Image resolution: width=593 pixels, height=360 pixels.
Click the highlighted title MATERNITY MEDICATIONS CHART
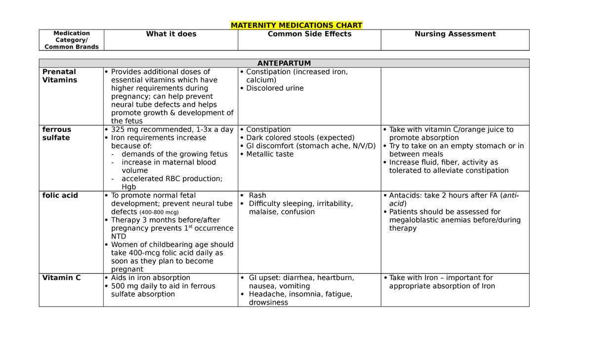(x=296, y=25)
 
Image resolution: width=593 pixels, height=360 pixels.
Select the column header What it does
(x=171, y=34)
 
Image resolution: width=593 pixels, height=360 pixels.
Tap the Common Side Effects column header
(x=309, y=34)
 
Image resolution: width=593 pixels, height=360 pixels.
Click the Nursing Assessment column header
(x=455, y=34)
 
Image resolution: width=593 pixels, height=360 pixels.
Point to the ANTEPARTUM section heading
(x=284, y=63)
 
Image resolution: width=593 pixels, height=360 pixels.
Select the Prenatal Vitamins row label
(x=59, y=76)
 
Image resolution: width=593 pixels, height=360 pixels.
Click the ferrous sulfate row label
(x=56, y=133)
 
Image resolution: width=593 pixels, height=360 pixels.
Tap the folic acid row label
(x=60, y=196)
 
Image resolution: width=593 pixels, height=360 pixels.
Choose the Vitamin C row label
(x=61, y=278)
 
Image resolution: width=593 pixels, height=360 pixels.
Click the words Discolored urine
(x=275, y=88)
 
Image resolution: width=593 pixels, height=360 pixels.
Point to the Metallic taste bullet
(x=270, y=154)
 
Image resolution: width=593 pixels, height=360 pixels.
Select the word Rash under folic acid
(x=257, y=196)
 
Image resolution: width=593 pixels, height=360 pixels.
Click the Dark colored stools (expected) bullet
(x=300, y=138)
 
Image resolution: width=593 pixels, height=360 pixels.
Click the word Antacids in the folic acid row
(x=405, y=196)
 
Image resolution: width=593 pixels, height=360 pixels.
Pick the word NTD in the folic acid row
(x=119, y=237)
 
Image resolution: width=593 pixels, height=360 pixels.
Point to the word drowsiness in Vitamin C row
(x=268, y=302)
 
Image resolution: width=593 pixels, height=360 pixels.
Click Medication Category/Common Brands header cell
(x=72, y=40)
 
